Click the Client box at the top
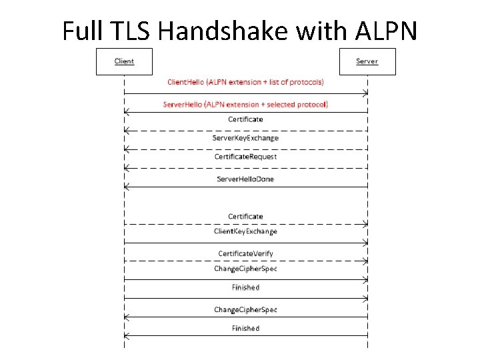pos(124,61)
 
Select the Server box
pos(367,61)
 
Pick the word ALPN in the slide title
pos(386,30)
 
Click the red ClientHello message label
pos(245,82)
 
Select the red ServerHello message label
pos(245,104)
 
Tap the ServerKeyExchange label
pos(245,138)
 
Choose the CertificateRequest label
pos(245,157)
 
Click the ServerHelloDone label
pos(245,179)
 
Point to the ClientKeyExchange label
pos(245,231)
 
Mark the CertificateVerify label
pos(245,253)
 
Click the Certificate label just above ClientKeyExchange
pos(245,216)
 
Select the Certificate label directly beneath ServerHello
pos(245,119)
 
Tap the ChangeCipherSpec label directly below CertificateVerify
pos(245,269)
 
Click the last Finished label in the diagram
pos(245,328)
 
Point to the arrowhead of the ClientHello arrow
pos(365,93)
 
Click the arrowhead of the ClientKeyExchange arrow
pos(365,243)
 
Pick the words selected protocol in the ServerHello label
pos(298,104)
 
